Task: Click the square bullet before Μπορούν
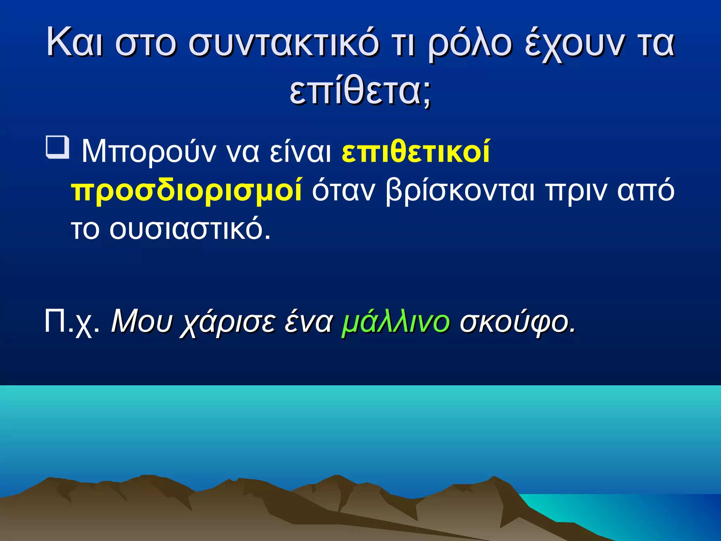click(57, 148)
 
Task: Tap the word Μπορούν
click(148, 152)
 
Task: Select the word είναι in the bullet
click(300, 152)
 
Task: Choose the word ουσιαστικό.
click(190, 229)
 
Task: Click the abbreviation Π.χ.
click(72, 322)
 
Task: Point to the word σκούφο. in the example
click(518, 322)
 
